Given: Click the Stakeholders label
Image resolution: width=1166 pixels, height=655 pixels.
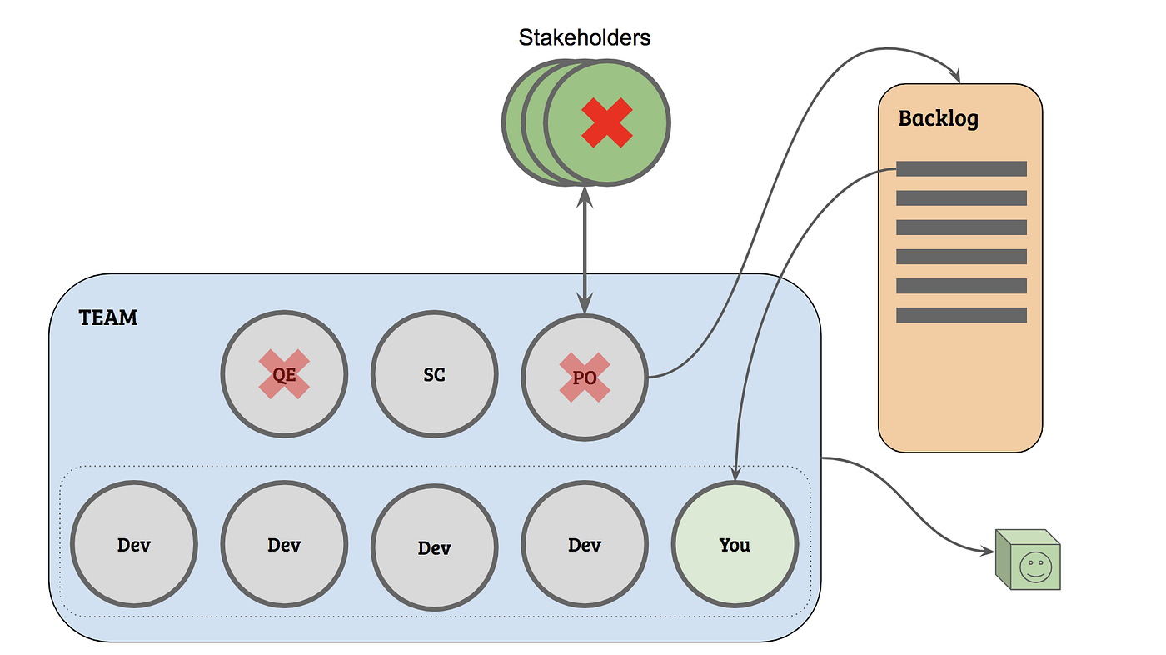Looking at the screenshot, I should (584, 37).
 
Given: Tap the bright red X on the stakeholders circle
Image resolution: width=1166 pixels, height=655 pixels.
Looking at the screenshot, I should (606, 122).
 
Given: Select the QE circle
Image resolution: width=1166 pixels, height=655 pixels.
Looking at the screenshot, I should (284, 375).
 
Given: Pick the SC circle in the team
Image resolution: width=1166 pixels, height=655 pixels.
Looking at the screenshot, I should (434, 375).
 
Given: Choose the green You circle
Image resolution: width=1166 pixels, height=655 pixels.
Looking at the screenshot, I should (735, 545).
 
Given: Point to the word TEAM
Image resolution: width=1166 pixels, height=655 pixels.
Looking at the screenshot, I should (108, 317).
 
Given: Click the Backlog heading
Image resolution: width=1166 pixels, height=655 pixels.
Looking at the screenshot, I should (938, 118).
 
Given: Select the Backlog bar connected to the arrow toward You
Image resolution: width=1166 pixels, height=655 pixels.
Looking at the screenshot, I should (961, 168).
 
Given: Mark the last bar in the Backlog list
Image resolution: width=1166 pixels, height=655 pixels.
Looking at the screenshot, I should (961, 315).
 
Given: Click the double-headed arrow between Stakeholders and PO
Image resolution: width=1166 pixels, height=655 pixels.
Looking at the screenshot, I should (585, 250).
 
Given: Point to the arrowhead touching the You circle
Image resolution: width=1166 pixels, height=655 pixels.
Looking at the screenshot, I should (735, 473).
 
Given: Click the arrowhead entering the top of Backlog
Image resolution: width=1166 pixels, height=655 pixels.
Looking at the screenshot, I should (959, 76).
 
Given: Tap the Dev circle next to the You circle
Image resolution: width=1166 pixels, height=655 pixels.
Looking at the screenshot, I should (584, 545).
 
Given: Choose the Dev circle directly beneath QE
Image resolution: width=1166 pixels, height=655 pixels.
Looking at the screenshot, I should (284, 545).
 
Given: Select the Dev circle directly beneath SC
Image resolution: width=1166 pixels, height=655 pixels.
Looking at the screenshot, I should (434, 547).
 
